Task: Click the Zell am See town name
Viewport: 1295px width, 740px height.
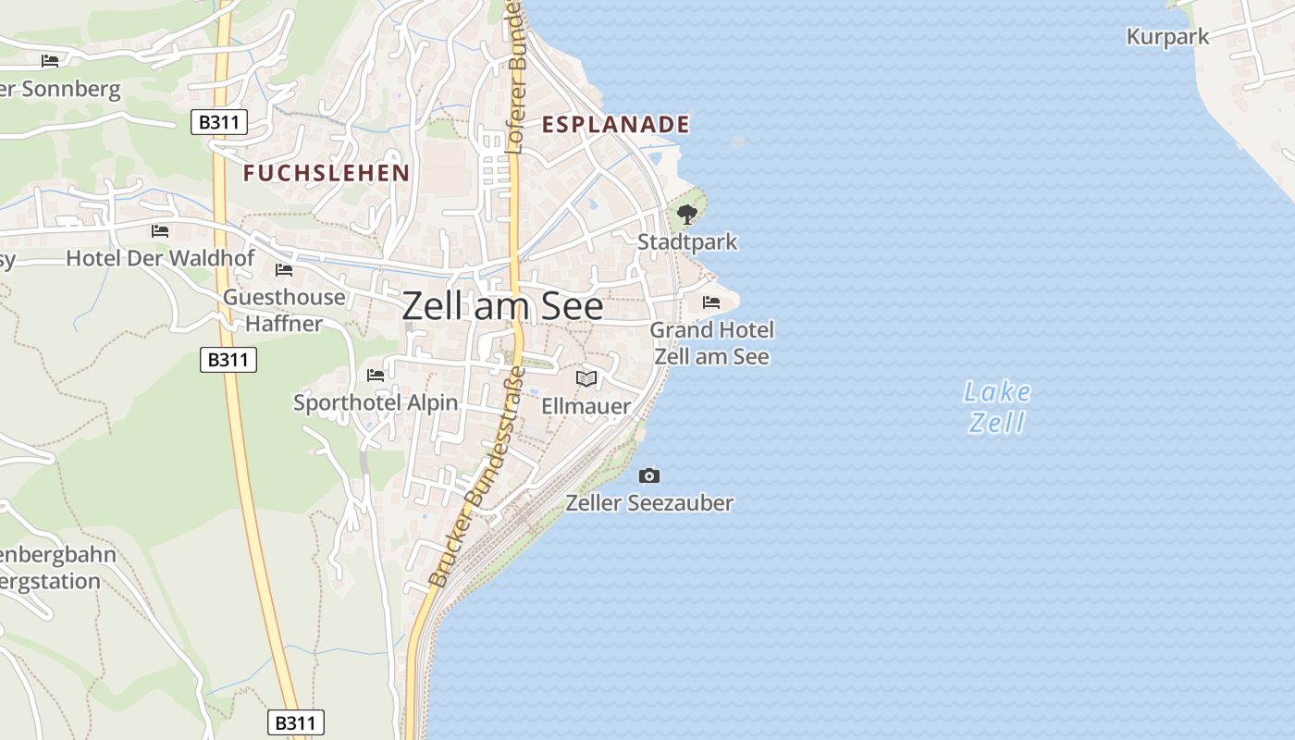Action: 502,306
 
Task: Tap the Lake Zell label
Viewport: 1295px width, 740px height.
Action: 996,407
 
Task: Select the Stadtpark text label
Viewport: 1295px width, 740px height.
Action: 687,242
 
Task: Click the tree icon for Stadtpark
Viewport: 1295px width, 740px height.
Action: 686,216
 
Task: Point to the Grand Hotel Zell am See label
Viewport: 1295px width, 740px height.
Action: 711,343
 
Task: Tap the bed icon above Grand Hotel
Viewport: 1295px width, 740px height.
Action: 711,302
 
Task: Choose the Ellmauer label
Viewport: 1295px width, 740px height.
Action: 586,406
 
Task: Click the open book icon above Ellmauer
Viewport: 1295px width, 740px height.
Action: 586,378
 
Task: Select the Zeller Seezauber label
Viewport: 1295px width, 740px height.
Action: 649,503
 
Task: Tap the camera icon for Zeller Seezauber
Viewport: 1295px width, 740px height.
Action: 649,475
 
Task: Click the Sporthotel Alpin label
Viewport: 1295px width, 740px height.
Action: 376,402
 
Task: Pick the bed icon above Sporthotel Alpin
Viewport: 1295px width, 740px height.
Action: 376,375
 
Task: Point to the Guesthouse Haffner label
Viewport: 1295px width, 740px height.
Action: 284,310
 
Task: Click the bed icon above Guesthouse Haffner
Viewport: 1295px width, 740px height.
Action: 284,270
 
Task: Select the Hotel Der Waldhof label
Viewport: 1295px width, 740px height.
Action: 160,258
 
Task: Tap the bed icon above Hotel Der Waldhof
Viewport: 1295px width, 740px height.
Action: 160,230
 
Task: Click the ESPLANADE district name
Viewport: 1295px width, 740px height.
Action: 616,125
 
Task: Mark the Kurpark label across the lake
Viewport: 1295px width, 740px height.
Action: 1167,37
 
